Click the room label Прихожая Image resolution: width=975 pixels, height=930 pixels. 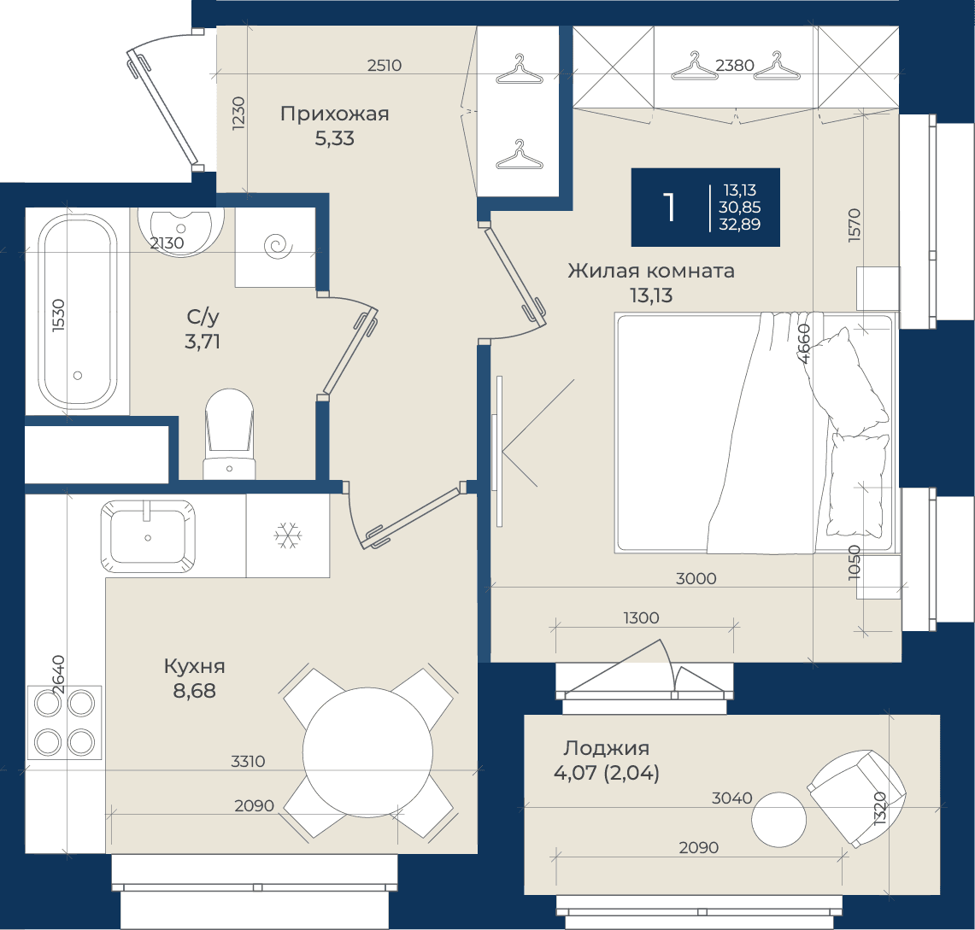point(334,114)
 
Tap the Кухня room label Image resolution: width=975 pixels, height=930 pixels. point(194,666)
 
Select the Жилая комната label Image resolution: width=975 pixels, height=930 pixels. point(651,271)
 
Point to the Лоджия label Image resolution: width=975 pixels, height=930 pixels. point(606,748)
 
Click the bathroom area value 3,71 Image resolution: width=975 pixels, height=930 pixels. point(203,342)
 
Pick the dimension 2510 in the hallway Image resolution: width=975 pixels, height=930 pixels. point(385,65)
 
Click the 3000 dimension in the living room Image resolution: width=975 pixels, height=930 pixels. point(696,578)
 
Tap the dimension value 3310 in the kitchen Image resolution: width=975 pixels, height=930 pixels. point(248,761)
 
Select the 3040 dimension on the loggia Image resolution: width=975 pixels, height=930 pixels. point(731,798)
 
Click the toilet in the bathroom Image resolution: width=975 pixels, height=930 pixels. point(230,434)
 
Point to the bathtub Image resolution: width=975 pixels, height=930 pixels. point(78,312)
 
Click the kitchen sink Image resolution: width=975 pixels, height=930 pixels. point(148,535)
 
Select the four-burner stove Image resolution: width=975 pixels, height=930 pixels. point(64,722)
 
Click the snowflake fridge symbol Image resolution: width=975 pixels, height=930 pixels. point(288,535)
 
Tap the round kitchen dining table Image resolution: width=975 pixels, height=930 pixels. point(367,752)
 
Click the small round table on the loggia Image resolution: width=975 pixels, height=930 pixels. point(778,820)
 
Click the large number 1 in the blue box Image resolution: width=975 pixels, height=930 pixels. point(669,207)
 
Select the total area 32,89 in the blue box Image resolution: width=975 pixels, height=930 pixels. point(739,225)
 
